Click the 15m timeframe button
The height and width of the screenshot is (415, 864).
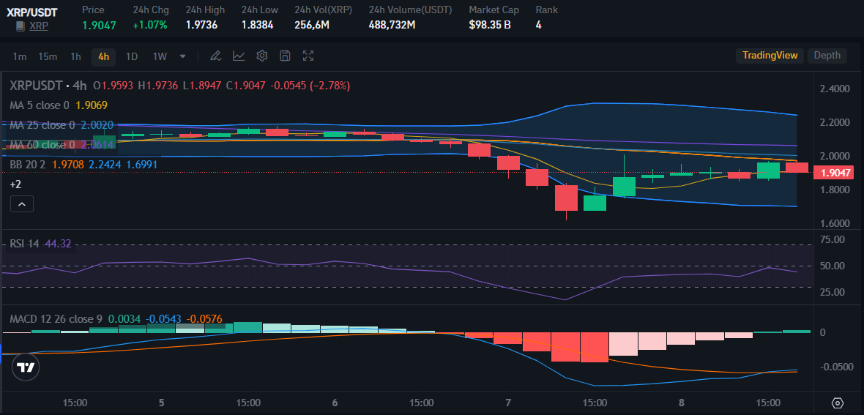click(48, 56)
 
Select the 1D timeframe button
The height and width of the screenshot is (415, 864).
click(132, 56)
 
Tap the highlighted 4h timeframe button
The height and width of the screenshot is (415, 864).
click(103, 56)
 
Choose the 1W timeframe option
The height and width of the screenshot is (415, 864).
click(160, 56)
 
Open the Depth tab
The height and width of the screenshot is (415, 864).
click(827, 56)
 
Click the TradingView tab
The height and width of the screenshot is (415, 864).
click(770, 56)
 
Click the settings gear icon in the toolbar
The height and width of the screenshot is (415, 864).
click(262, 56)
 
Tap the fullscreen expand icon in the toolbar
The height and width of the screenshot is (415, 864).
click(308, 56)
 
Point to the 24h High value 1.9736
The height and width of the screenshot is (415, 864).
click(201, 25)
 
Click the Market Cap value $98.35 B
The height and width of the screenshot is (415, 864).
click(490, 25)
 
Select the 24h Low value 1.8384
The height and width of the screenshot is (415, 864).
click(257, 25)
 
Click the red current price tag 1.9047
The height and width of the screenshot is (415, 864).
click(835, 173)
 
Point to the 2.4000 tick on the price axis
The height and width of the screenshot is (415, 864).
click(835, 89)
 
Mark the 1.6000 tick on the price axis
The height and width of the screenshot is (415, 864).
click(835, 223)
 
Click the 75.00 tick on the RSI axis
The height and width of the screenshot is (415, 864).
click(833, 239)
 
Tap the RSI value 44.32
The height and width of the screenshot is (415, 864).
click(58, 244)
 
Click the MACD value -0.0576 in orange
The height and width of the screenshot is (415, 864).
click(205, 319)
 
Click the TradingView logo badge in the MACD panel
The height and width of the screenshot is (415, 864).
click(26, 367)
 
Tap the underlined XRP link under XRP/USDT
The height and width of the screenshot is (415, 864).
click(40, 26)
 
